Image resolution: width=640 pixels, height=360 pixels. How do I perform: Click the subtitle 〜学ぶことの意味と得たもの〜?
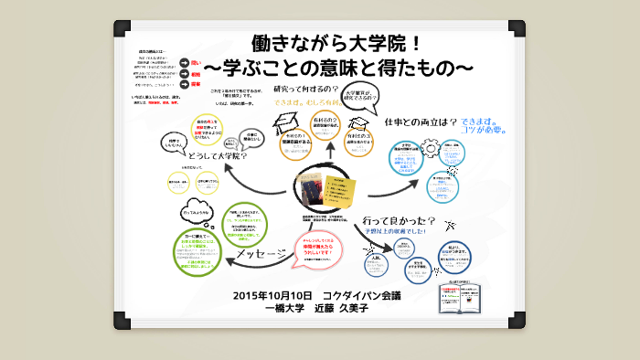(x=338, y=69)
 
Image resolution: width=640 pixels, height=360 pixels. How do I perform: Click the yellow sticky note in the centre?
(x=342, y=191)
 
